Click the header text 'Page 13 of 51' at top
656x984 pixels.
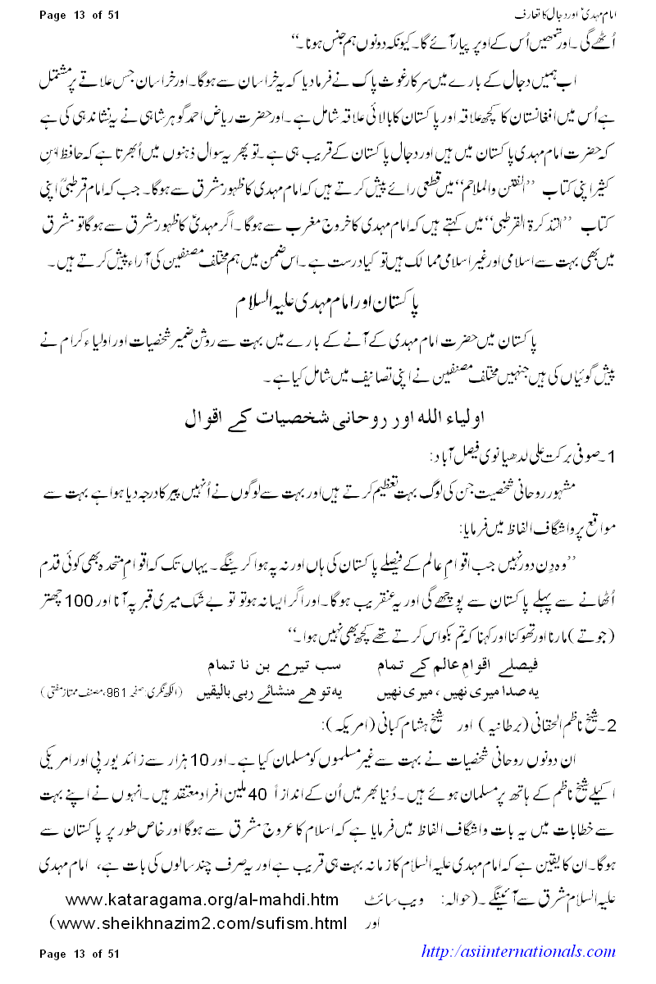coord(80,14)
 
